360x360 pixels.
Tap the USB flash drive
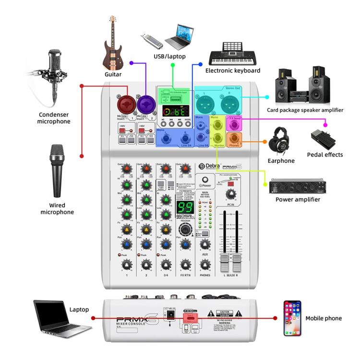150,39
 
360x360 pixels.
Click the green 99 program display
186,207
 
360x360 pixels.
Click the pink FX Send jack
234,124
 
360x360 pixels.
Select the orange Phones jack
234,140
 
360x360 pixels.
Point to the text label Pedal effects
325,155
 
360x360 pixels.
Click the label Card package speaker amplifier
305,110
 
